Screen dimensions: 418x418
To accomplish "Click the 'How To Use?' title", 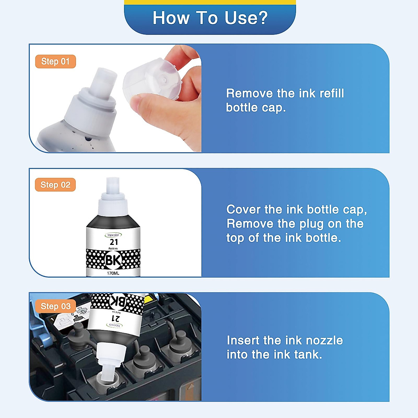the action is pos(210,18).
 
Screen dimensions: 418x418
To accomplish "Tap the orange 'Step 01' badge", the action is pos(55,61).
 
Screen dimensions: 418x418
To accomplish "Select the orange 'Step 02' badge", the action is pos(55,185).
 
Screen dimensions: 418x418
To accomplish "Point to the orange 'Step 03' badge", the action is pos(55,306).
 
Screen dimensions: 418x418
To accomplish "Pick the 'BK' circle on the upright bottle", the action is pos(113,260).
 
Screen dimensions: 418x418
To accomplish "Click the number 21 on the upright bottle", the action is pos(114,242).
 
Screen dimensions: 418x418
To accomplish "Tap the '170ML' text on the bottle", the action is pos(113,273).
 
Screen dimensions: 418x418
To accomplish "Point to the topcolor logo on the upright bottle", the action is pos(113,235).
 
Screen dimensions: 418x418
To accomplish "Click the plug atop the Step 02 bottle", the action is pos(113,185).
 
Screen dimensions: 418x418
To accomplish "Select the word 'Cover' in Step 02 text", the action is pos(243,210).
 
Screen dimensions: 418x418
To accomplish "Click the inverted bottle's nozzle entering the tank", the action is pos(108,373).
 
